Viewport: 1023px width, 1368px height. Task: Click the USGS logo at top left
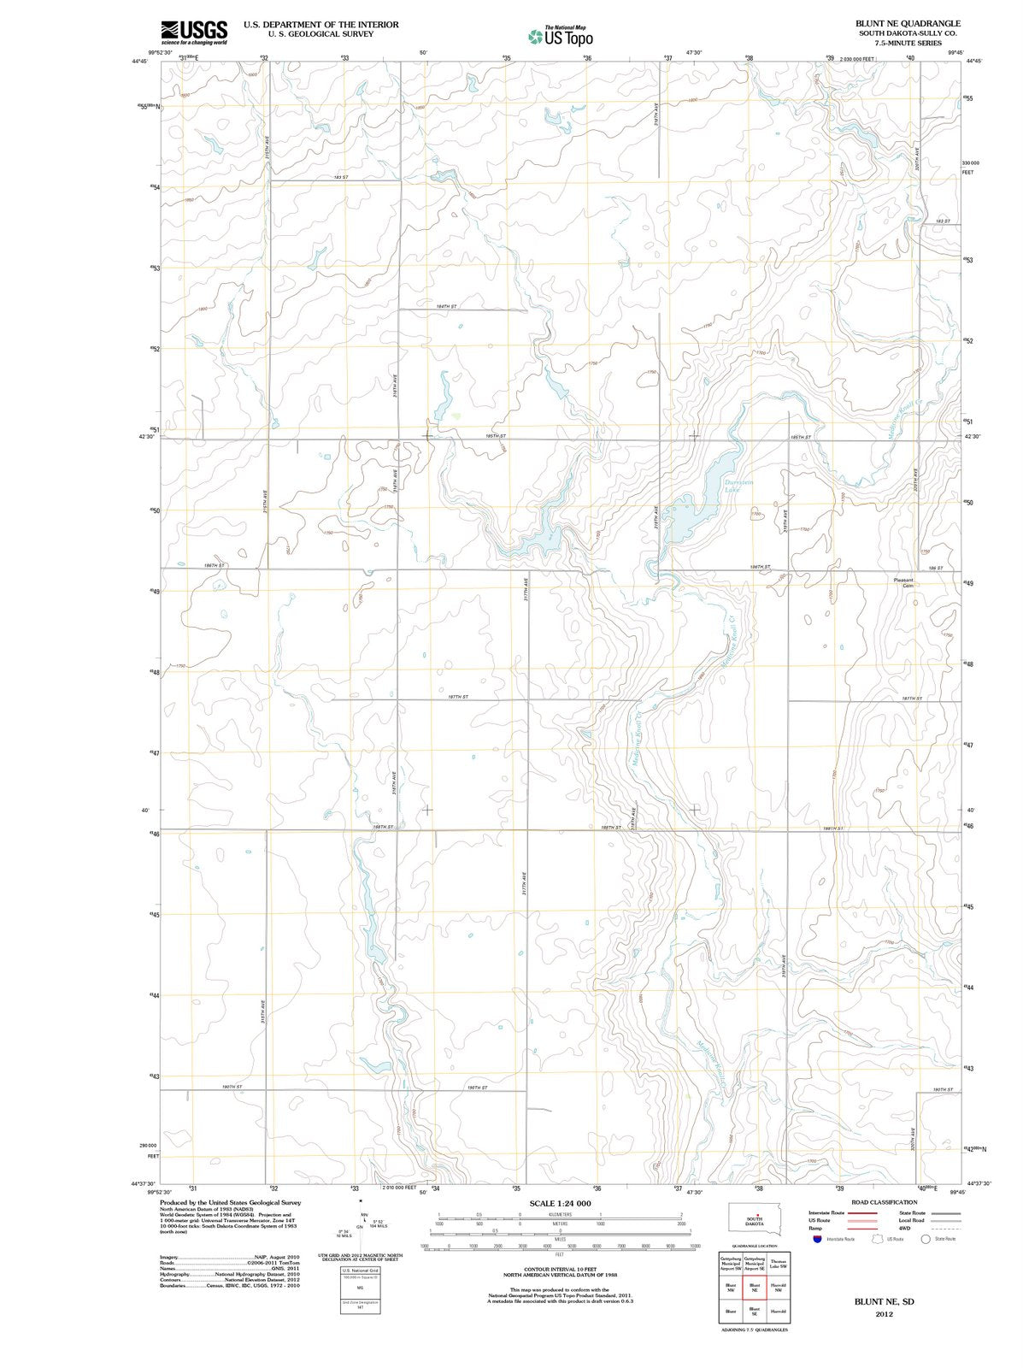pyautogui.click(x=194, y=32)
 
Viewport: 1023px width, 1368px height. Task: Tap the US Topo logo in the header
pyautogui.click(x=561, y=35)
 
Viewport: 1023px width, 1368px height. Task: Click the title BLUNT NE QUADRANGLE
pyautogui.click(x=908, y=23)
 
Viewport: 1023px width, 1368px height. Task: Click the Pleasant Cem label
pyautogui.click(x=903, y=582)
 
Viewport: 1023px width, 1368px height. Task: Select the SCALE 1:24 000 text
pyautogui.click(x=560, y=1203)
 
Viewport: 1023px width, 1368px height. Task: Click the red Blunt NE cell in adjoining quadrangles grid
pyautogui.click(x=754, y=1288)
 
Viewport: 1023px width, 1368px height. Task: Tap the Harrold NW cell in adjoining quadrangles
pyautogui.click(x=777, y=1288)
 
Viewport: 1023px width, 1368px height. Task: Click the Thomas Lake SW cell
pyautogui.click(x=777, y=1263)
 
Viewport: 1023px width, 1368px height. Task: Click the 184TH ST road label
pyautogui.click(x=446, y=306)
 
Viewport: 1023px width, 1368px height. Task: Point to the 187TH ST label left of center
pyautogui.click(x=458, y=697)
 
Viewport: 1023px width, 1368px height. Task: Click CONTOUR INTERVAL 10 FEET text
pyautogui.click(x=560, y=1269)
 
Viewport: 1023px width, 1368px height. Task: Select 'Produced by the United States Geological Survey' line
pyautogui.click(x=230, y=1202)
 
